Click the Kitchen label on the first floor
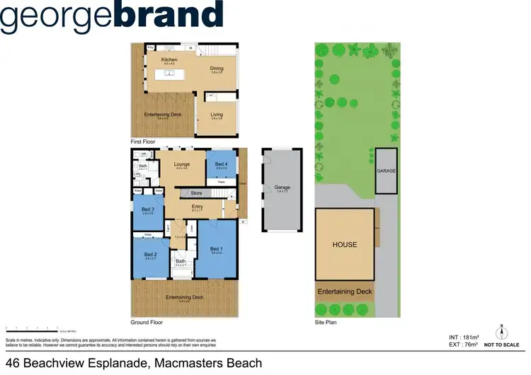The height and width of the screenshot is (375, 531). point(169,59)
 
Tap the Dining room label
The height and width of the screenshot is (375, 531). point(217,68)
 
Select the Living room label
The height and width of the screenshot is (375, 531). point(217,115)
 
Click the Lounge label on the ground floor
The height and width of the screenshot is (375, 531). point(182,164)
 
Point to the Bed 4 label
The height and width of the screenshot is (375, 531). point(221,164)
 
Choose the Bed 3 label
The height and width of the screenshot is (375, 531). point(147,209)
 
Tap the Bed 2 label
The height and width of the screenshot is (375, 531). point(149,254)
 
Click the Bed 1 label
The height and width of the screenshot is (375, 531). point(217,249)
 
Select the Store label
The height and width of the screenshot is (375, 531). point(197,192)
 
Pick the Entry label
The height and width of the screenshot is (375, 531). point(197,207)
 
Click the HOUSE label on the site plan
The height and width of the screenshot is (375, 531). point(345,245)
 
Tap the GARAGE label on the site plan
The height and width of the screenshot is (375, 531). point(386,171)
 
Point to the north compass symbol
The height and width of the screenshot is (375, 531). point(501,330)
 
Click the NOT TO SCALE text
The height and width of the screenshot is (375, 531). point(502,345)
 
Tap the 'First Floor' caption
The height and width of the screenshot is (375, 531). point(144,142)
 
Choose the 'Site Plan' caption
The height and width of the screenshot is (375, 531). point(326,323)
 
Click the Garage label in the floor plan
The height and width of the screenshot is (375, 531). point(282,187)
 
